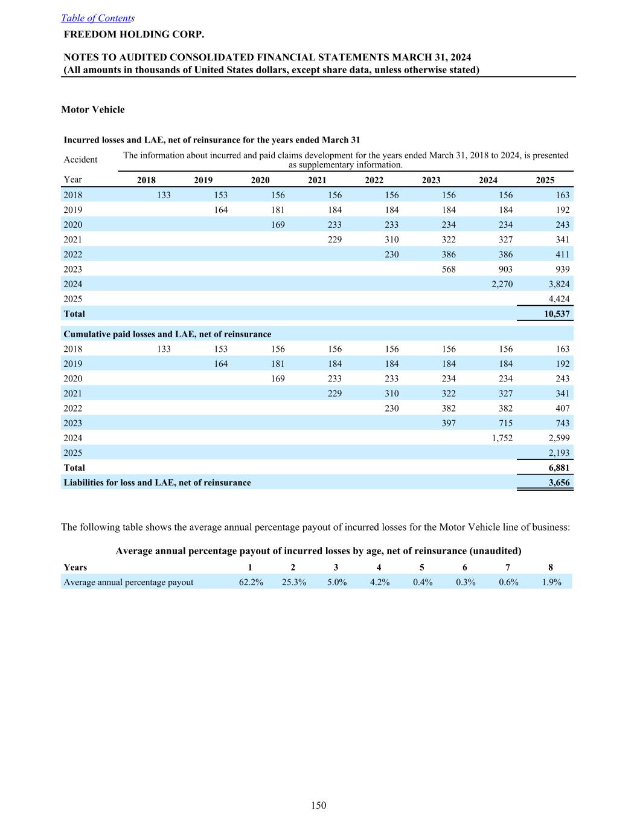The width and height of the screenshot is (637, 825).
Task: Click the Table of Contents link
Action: point(97,18)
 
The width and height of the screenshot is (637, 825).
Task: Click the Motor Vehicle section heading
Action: point(93,109)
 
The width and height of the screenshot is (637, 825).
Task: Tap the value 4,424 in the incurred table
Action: point(559,299)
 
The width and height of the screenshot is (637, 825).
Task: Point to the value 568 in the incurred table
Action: point(448,269)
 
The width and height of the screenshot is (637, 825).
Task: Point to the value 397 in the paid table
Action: point(448,423)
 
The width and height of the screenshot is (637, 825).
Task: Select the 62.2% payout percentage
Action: point(251,582)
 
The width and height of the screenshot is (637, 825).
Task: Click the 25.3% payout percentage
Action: point(294,582)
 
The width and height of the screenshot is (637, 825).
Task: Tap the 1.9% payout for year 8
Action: point(551,582)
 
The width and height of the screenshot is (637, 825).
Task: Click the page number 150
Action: point(319,805)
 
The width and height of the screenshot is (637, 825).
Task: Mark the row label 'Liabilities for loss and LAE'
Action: point(157,482)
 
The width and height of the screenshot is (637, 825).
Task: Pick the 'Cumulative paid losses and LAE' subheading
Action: point(167,334)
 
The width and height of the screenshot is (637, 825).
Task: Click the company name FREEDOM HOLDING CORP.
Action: point(134,34)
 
